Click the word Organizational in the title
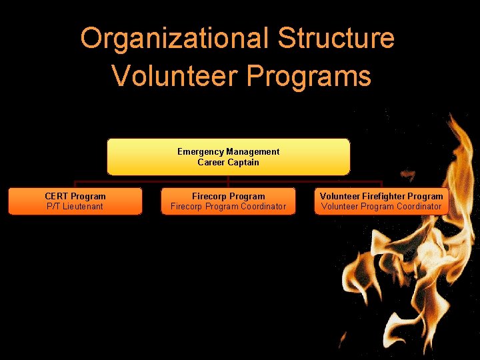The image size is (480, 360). pyautogui.click(x=175, y=39)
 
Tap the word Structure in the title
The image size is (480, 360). pyautogui.click(x=336, y=39)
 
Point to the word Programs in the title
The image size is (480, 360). pyautogui.click(x=309, y=75)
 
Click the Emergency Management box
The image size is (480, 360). pyautogui.click(x=228, y=157)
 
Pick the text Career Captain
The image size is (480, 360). pyautogui.click(x=228, y=162)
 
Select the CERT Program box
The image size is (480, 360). pyautogui.click(x=75, y=201)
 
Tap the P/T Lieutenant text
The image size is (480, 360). pyautogui.click(x=75, y=207)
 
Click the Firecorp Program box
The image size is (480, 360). pyautogui.click(x=228, y=201)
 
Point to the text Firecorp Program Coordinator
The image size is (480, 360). pyautogui.click(x=228, y=207)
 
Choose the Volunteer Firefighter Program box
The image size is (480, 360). pyautogui.click(x=381, y=201)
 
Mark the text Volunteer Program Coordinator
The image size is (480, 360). pyautogui.click(x=381, y=207)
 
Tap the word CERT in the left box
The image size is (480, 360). pyautogui.click(x=56, y=196)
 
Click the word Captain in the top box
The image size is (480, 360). pyautogui.click(x=243, y=162)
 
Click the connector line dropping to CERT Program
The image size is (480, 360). pyautogui.click(x=75, y=184)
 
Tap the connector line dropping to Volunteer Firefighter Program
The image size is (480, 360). pyautogui.click(x=381, y=184)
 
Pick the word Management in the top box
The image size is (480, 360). pyautogui.click(x=253, y=151)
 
